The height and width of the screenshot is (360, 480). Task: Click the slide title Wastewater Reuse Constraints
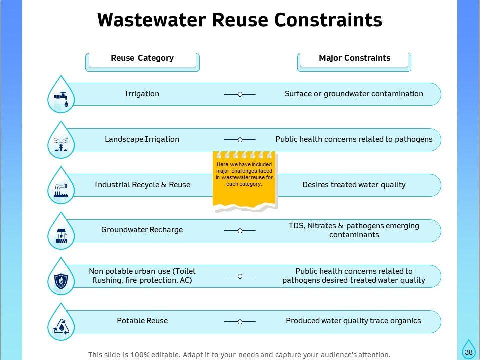coord(240,20)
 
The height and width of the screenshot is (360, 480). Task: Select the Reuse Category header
coord(142,58)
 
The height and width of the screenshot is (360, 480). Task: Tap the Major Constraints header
coord(354,58)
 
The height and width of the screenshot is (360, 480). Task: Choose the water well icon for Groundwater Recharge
coord(61,234)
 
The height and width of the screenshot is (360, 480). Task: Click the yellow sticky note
coord(244,180)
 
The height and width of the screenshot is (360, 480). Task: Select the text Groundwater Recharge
coord(142,230)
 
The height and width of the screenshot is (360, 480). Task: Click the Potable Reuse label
coord(142,321)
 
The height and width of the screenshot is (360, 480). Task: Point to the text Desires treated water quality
coord(354,185)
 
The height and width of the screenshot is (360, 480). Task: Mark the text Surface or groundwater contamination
coord(354,94)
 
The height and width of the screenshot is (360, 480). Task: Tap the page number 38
coord(468,352)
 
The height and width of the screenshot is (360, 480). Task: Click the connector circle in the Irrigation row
coord(240,94)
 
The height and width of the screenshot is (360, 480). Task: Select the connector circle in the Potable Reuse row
coord(240,322)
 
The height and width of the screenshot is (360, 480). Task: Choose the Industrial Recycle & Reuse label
coord(142,185)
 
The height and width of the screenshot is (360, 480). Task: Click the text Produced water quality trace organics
coord(353,321)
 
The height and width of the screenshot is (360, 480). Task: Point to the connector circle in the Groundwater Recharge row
coord(240,231)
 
